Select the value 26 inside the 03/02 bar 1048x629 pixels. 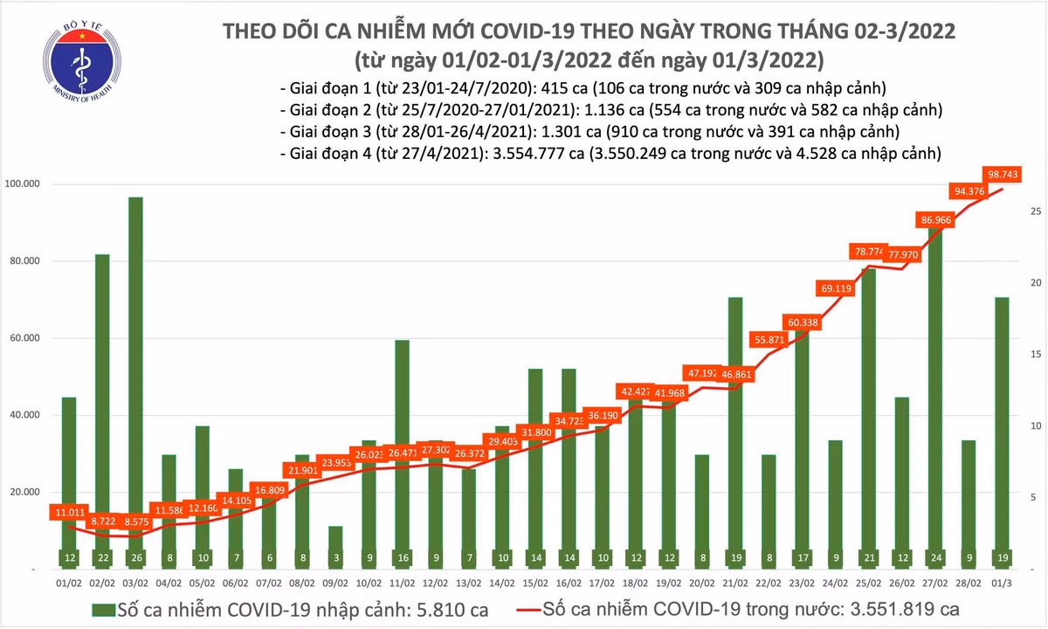135,557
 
